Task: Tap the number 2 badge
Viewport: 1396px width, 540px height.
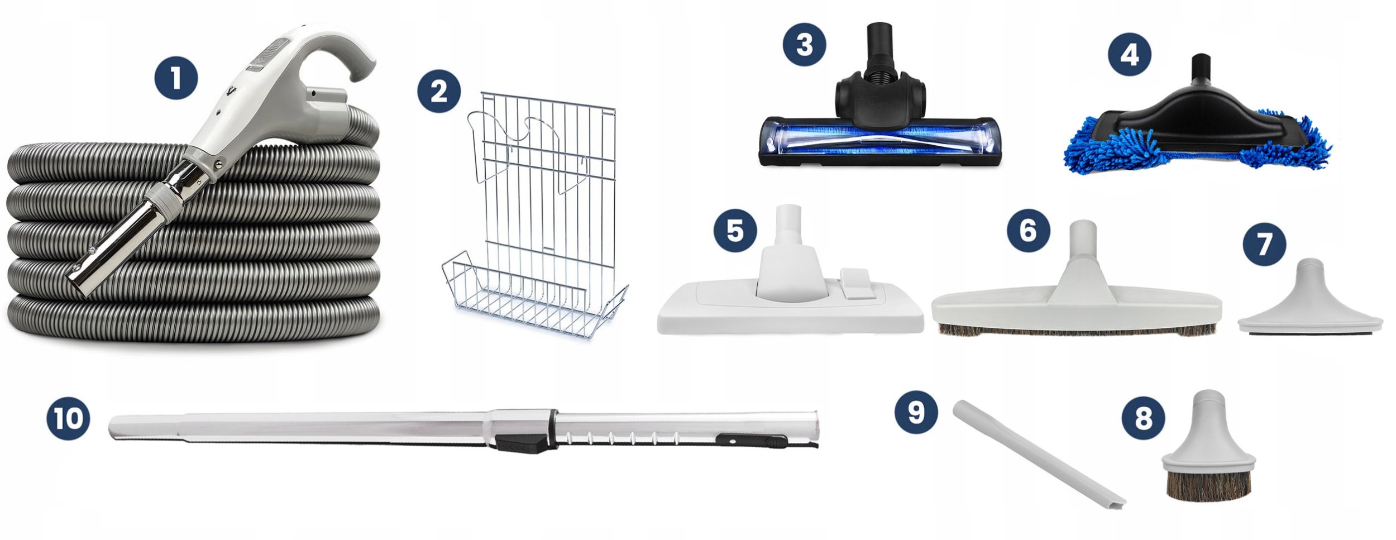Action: point(439,91)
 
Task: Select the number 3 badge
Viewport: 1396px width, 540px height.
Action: point(804,44)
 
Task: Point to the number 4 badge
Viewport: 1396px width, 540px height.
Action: point(1130,55)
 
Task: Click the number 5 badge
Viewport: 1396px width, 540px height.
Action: point(735,230)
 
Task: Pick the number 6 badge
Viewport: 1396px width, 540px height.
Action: point(1028,230)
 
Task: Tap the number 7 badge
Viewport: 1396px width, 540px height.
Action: point(1264,244)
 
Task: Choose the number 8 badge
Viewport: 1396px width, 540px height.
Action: point(1144,418)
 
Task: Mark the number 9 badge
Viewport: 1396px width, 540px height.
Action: point(916,412)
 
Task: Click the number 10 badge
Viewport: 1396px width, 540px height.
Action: point(68,418)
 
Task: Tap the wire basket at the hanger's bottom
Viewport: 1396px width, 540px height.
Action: point(533,296)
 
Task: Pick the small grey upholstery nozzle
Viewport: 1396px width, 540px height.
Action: point(1310,299)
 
